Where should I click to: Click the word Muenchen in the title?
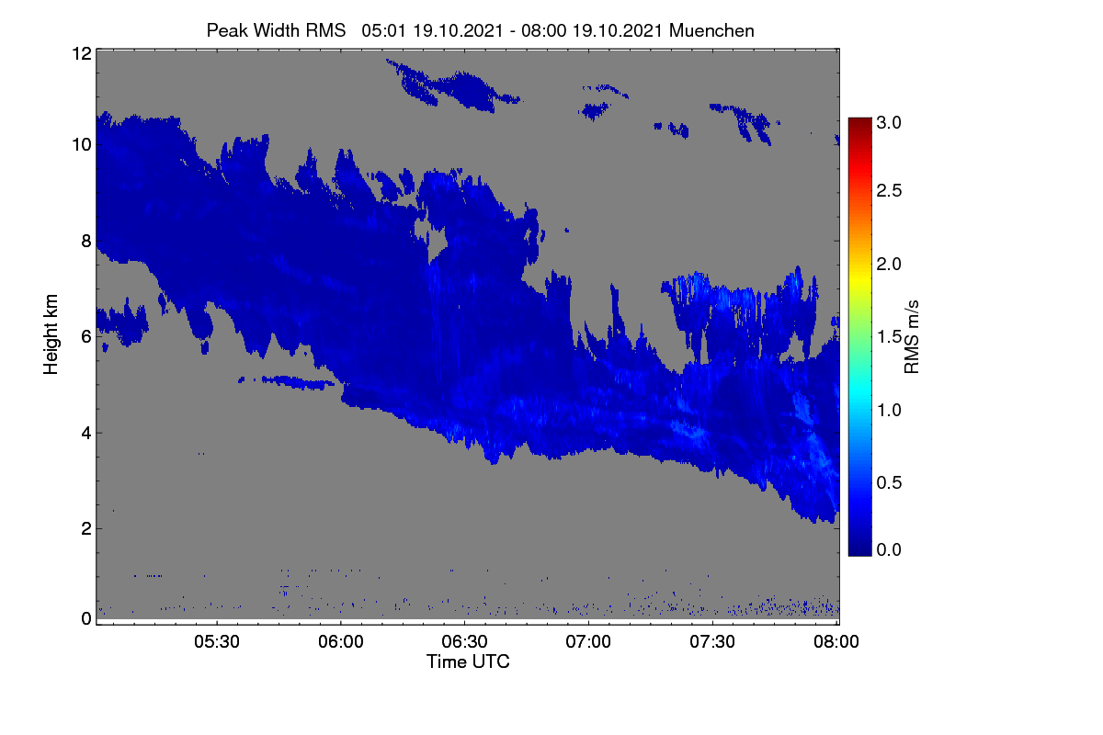(x=711, y=31)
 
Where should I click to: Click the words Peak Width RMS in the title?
(x=277, y=31)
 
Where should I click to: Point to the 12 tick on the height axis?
(x=82, y=53)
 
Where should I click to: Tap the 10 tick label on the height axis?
(x=82, y=145)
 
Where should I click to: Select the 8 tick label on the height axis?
(x=86, y=241)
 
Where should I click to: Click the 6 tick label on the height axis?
(x=86, y=337)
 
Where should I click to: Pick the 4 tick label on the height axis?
(x=86, y=434)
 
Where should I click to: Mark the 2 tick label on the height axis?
(x=86, y=528)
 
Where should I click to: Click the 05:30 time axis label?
(x=217, y=641)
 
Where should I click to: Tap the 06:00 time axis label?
(x=341, y=641)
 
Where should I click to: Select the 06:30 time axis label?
(x=464, y=641)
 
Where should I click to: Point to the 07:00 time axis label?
(x=588, y=641)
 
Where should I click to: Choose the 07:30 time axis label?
(x=712, y=641)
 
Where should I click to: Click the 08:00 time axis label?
(x=836, y=641)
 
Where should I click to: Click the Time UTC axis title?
(x=468, y=661)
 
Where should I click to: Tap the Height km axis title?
(x=51, y=334)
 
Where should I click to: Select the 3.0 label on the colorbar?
(x=889, y=122)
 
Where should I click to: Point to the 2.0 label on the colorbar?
(x=889, y=265)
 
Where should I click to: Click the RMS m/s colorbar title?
(x=912, y=337)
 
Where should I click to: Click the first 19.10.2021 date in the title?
(x=458, y=31)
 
